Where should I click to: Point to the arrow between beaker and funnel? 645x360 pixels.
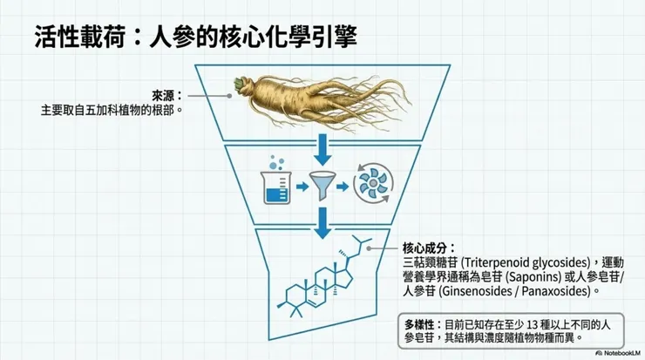(x=300, y=186)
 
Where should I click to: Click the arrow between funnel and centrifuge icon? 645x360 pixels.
(x=347, y=186)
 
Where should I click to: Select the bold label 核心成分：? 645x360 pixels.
(x=430, y=248)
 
